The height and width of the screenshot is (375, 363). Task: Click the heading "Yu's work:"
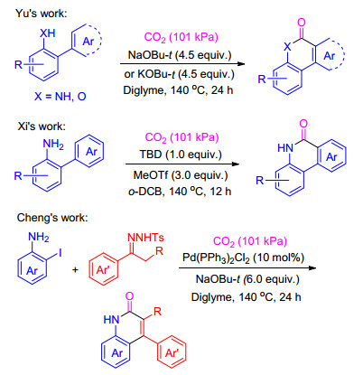pos(42,14)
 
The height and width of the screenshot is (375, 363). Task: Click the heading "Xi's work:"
pos(42,126)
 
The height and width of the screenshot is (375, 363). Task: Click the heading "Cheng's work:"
pos(52,218)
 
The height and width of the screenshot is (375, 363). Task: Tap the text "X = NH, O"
pos(60,97)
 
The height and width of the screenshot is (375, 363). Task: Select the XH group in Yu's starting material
pos(48,33)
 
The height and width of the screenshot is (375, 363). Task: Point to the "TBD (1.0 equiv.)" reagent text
pos(181,155)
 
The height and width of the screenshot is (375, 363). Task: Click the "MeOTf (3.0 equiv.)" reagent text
pos(181,175)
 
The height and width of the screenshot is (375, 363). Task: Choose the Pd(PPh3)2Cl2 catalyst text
pos(243,258)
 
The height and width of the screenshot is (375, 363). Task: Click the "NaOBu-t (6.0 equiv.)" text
pos(247,279)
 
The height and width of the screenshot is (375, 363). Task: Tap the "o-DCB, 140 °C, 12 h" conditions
pos(180,192)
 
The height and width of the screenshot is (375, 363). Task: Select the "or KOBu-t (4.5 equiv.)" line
pos(179,74)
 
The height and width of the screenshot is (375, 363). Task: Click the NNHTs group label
pos(145,238)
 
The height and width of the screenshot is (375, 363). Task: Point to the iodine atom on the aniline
pos(60,253)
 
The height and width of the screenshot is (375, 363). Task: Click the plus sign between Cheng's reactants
pos(75,269)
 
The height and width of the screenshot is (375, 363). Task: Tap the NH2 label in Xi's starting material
pos(53,145)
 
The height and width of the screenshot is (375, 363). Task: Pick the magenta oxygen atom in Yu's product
pos(302,23)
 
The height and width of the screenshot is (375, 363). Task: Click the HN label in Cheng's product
pos(111,319)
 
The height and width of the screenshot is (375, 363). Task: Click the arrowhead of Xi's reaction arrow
pos(236,164)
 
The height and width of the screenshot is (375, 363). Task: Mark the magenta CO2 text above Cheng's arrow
pos(250,241)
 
